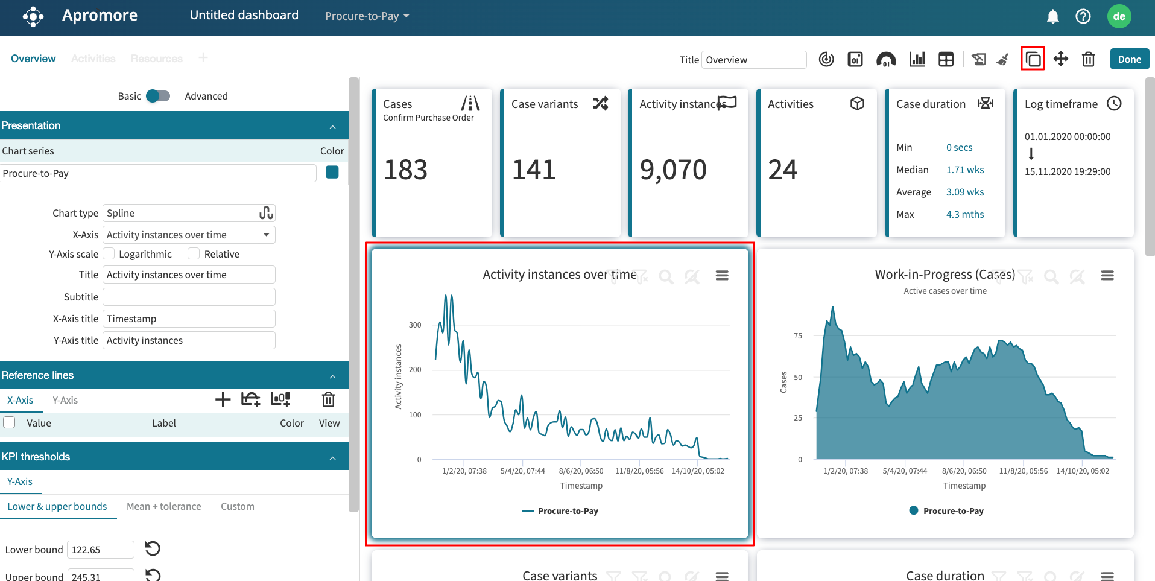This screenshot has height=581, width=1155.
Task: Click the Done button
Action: tap(1129, 59)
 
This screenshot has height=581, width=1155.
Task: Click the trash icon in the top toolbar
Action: tap(1088, 59)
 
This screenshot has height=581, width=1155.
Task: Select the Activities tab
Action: tap(93, 59)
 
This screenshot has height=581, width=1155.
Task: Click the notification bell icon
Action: tap(1052, 16)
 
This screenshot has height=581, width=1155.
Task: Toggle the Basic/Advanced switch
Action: tap(158, 96)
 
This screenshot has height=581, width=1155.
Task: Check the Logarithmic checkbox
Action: tap(109, 254)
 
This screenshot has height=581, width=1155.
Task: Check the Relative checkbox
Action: tap(194, 254)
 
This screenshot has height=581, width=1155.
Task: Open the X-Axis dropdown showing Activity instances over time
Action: tap(188, 235)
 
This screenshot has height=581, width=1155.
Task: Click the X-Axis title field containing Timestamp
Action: tap(188, 319)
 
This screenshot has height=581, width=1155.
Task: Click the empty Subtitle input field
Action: tap(188, 297)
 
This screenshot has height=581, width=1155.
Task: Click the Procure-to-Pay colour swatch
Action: tap(332, 173)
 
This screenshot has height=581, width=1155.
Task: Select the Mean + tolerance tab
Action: tap(163, 506)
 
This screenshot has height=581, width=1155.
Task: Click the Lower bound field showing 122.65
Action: tap(100, 550)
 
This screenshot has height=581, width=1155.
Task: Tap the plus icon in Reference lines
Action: tap(223, 399)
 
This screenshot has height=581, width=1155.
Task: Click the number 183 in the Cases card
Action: tap(405, 170)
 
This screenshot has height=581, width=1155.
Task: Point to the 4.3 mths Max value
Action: tap(964, 214)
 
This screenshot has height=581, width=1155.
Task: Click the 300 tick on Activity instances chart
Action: tap(415, 325)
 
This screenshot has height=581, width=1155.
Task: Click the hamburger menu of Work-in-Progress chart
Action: tap(1107, 276)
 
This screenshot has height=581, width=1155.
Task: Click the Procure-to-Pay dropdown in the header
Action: tap(367, 16)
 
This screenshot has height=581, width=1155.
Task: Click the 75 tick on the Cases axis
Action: tap(798, 336)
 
